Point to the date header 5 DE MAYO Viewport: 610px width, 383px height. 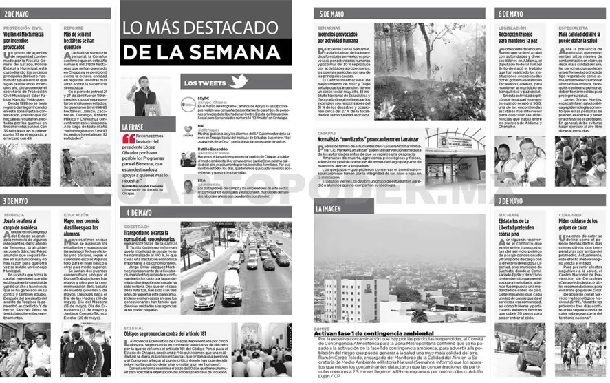coord(333,13)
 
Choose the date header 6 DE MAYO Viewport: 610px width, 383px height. coord(511,13)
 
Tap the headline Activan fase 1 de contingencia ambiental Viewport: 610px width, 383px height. coord(372,334)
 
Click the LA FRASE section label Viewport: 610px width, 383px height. coord(133,127)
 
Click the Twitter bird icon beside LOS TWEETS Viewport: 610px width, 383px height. coord(238,81)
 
